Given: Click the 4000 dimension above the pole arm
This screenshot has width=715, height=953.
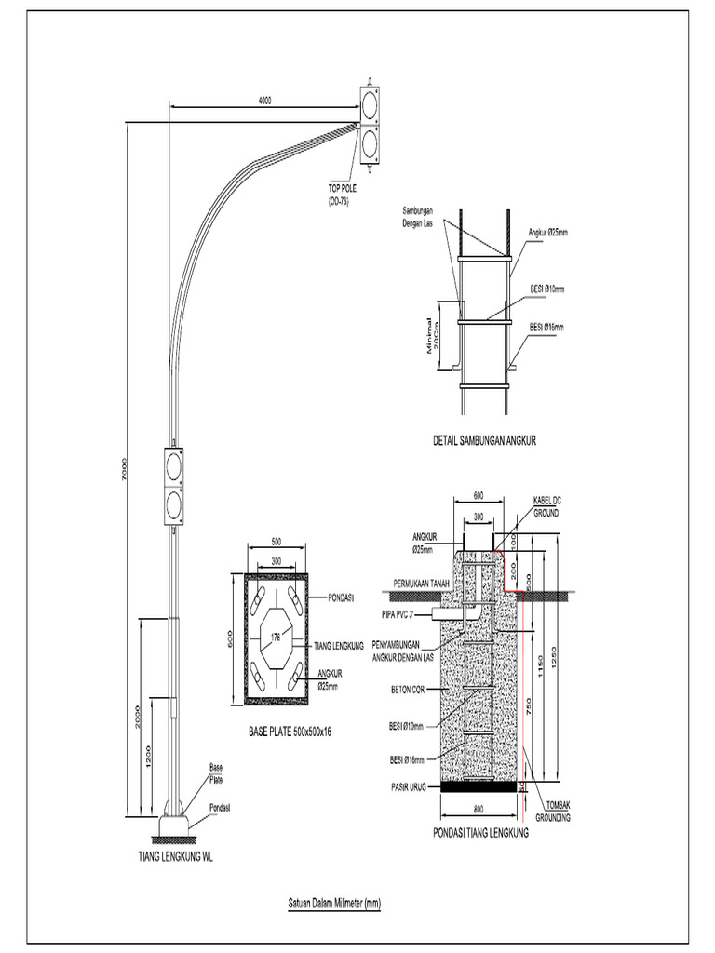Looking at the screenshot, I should tap(264, 100).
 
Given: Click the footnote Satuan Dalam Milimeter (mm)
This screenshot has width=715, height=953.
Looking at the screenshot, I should tap(332, 903).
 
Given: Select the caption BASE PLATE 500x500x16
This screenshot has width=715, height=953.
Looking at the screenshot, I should tap(289, 732).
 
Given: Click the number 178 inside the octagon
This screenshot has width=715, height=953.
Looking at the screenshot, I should tap(276, 638).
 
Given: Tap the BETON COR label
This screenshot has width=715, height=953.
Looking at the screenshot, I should tap(408, 691).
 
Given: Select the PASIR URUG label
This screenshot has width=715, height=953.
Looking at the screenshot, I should tap(409, 785).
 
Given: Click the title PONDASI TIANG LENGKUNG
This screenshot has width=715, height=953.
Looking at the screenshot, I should tap(481, 835).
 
